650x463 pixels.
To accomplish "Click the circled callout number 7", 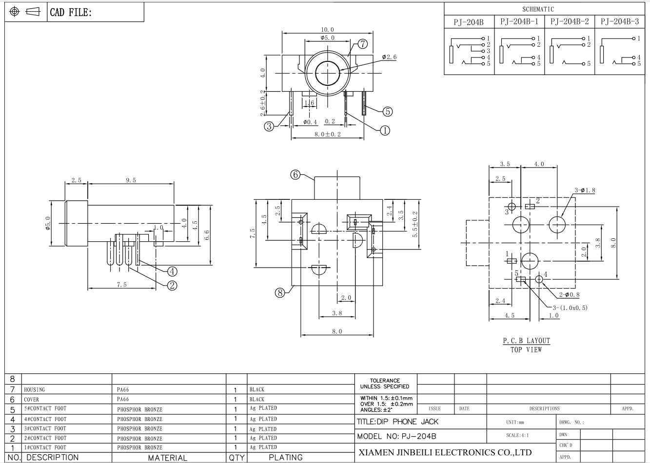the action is click(x=363, y=44).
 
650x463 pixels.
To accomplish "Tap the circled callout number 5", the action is click(x=388, y=112).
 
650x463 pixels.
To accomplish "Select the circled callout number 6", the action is click(x=295, y=174).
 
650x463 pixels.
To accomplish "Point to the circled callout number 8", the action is click(x=280, y=293).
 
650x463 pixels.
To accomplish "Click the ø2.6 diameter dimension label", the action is click(x=389, y=57).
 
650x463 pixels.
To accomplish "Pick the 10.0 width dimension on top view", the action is click(x=327, y=30).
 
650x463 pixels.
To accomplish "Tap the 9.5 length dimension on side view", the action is click(x=131, y=180).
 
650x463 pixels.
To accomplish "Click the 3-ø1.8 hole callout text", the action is click(x=585, y=190).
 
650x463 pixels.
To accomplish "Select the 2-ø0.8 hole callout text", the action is click(x=570, y=295).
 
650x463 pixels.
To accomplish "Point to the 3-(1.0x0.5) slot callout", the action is click(x=570, y=308).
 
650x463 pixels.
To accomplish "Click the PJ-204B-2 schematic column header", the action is click(x=570, y=22).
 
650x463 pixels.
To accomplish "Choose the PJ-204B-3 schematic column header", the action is click(x=620, y=22).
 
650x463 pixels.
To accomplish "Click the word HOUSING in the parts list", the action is click(x=34, y=389).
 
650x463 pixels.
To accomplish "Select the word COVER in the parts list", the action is click(x=31, y=400).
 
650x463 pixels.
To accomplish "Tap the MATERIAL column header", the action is click(x=168, y=458).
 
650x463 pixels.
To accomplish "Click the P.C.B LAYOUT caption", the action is click(x=526, y=341).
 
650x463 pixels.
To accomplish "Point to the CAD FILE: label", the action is click(x=71, y=12).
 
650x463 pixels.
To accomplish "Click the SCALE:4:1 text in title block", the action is click(x=517, y=435).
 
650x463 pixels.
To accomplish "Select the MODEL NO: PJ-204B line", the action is click(x=396, y=436).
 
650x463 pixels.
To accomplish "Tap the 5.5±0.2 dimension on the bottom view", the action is click(x=415, y=224).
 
